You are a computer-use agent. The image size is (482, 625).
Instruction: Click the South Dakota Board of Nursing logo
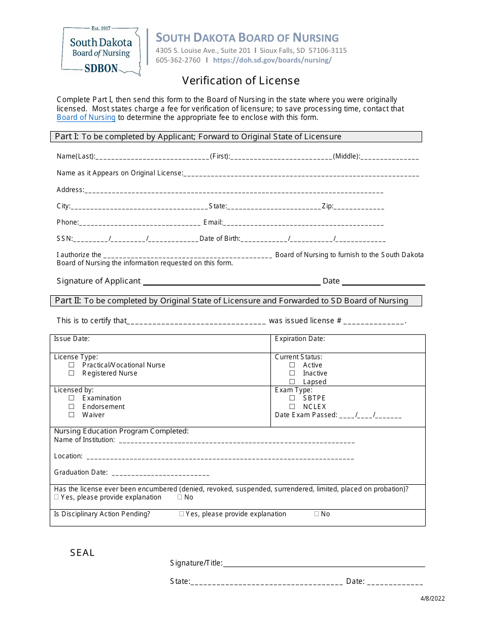(100, 51)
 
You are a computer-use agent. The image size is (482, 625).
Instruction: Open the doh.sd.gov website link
(272, 60)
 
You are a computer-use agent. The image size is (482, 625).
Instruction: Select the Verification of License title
(241, 81)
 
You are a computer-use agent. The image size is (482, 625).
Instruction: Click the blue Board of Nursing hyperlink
(86, 117)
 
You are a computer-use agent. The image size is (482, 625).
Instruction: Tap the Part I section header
(236, 137)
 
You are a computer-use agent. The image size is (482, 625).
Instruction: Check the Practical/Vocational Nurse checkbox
(72, 365)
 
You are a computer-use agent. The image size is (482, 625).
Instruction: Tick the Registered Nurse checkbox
(72, 373)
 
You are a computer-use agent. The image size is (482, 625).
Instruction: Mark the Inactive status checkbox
(292, 373)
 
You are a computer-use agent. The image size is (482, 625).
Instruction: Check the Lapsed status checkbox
(292, 382)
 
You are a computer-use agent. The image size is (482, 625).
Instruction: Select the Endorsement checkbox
(72, 407)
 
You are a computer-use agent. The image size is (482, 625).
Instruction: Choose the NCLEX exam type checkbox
(292, 407)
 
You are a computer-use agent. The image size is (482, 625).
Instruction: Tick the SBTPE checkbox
(292, 398)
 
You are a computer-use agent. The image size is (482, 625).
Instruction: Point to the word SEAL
(83, 553)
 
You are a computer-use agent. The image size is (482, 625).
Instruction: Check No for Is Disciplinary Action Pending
(317, 514)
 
